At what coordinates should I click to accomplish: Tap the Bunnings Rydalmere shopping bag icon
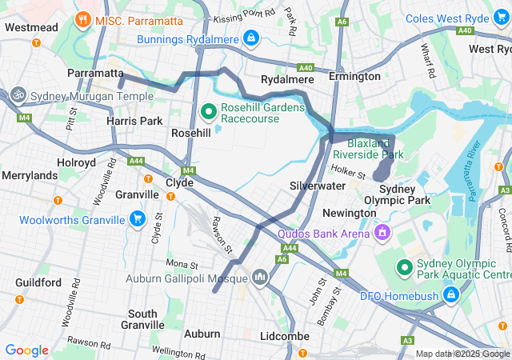251,37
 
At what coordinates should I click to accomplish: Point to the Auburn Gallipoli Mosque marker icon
259,278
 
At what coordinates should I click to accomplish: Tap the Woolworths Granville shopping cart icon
137,219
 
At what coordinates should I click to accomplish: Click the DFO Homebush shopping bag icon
451,295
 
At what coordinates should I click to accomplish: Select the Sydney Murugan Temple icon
18,95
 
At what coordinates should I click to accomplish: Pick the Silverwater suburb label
317,186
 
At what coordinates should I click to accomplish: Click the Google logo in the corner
26,350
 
